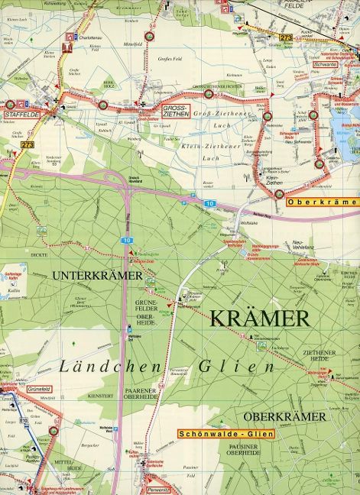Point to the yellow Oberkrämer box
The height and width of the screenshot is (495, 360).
(322, 202)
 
